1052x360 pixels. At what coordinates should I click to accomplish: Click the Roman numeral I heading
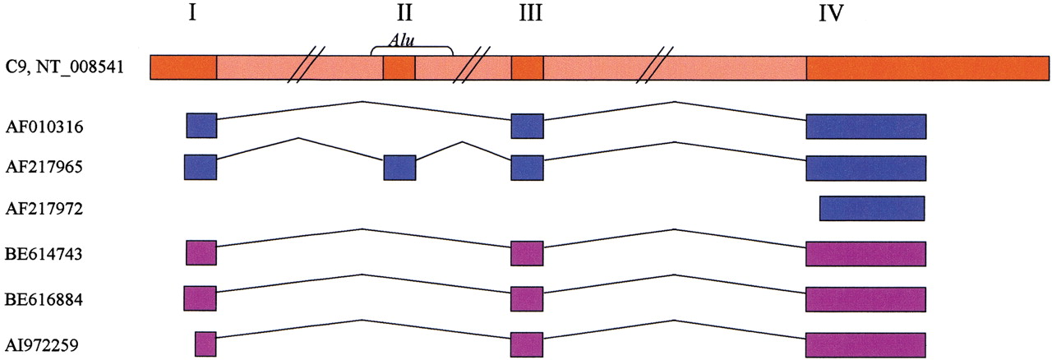pyautogui.click(x=192, y=14)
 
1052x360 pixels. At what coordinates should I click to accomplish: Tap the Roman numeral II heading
pyautogui.click(x=404, y=14)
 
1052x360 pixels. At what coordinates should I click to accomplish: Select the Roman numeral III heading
pyautogui.click(x=531, y=14)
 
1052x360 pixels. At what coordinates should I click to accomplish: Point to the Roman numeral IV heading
pyautogui.click(x=831, y=14)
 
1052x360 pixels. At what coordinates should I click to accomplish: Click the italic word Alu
pyautogui.click(x=402, y=41)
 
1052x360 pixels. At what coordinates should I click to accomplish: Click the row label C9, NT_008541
pyautogui.click(x=64, y=67)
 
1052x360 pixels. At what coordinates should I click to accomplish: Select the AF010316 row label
pyautogui.click(x=44, y=127)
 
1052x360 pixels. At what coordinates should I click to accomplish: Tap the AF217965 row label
pyautogui.click(x=44, y=167)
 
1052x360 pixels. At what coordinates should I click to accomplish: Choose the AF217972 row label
pyautogui.click(x=44, y=208)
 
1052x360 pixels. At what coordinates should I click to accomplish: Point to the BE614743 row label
pyautogui.click(x=44, y=254)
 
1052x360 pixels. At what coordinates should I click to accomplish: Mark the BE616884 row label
pyautogui.click(x=44, y=299)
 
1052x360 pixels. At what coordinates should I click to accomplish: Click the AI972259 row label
pyautogui.click(x=42, y=345)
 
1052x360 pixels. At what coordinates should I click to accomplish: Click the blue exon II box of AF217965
pyautogui.click(x=399, y=168)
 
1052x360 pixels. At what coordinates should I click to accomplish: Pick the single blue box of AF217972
pyautogui.click(x=872, y=208)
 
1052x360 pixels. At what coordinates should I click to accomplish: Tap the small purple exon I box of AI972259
pyautogui.click(x=205, y=344)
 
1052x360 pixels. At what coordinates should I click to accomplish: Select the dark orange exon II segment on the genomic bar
pyautogui.click(x=399, y=67)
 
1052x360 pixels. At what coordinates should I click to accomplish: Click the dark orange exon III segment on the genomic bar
pyautogui.click(x=528, y=67)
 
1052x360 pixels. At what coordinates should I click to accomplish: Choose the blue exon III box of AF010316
pyautogui.click(x=528, y=126)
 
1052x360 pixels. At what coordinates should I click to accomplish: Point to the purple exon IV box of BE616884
pyautogui.click(x=866, y=299)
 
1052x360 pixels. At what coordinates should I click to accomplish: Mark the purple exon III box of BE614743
pyautogui.click(x=528, y=254)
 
